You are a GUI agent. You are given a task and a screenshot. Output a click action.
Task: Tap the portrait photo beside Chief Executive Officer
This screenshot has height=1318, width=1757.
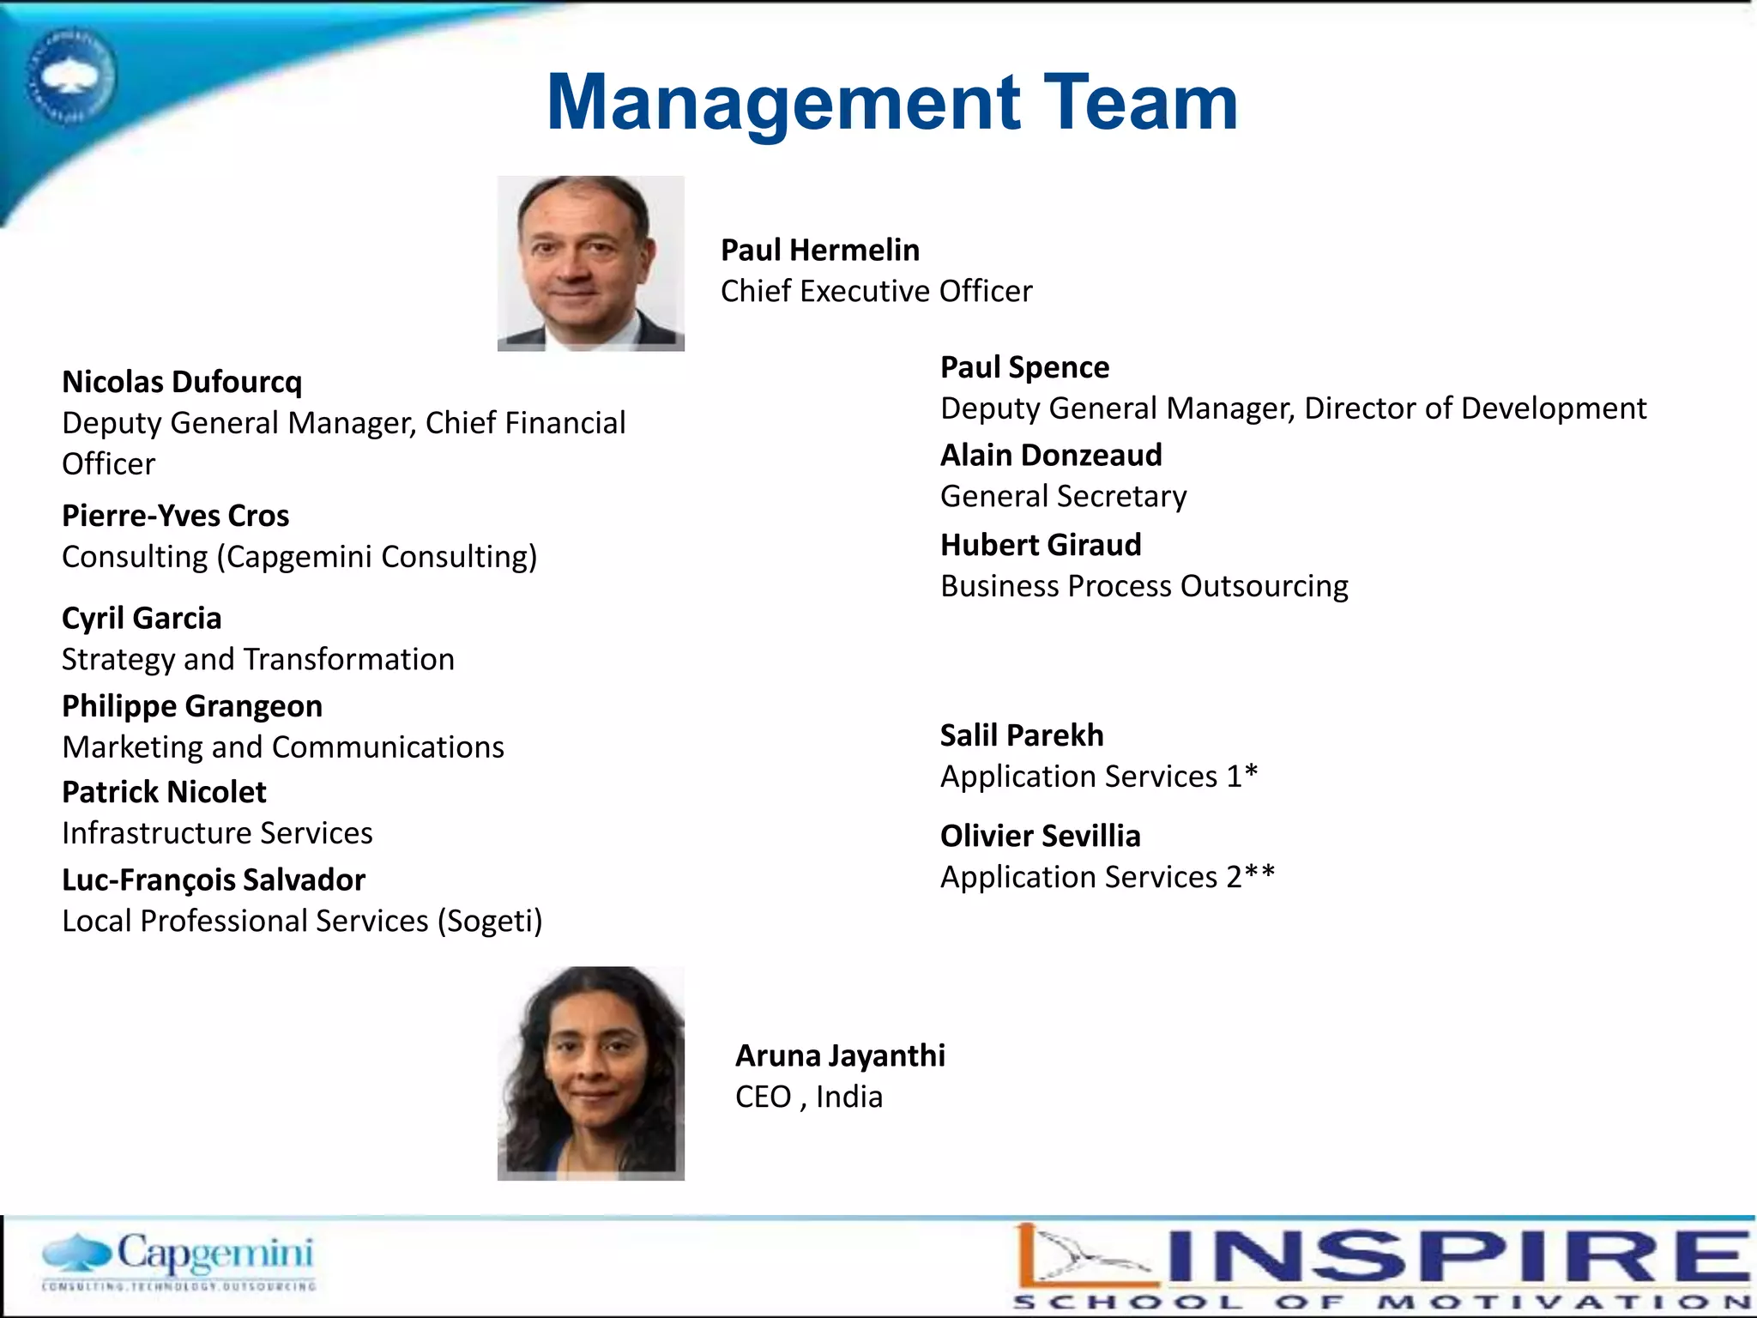tap(590, 263)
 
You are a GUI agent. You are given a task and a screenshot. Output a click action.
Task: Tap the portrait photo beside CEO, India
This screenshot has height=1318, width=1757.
tap(590, 1073)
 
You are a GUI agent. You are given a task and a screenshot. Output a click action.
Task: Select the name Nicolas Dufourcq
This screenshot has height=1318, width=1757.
tap(182, 382)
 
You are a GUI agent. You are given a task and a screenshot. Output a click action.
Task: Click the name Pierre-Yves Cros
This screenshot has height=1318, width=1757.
tap(175, 516)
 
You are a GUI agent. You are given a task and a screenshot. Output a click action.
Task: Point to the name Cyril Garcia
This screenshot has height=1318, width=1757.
tap(142, 618)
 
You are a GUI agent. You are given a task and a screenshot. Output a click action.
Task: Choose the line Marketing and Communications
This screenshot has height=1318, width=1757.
tap(283, 747)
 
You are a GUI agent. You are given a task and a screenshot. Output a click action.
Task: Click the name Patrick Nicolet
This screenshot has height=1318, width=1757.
tap(164, 792)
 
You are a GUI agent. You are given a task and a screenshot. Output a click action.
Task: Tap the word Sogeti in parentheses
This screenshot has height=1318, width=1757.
tap(490, 922)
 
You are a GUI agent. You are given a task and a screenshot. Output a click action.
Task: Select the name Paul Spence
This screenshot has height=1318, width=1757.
tap(1024, 367)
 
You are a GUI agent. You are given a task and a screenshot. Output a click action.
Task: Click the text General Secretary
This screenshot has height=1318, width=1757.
tap(1063, 497)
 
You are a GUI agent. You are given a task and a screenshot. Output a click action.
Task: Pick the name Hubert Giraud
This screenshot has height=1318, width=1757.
tap(1041, 545)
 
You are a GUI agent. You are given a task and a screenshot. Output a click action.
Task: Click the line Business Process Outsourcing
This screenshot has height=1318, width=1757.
tap(1144, 587)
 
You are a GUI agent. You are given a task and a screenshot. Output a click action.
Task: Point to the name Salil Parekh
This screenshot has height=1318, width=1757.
tap(1021, 735)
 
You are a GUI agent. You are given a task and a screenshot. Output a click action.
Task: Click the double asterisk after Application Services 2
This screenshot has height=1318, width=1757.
tap(1260, 873)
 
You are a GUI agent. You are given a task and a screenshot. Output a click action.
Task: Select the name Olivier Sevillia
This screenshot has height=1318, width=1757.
tap(1040, 836)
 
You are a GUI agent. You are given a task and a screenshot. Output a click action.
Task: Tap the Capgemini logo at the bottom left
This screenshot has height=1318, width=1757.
tap(178, 1261)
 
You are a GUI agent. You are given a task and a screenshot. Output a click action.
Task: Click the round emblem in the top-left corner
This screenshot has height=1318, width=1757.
tap(70, 77)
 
